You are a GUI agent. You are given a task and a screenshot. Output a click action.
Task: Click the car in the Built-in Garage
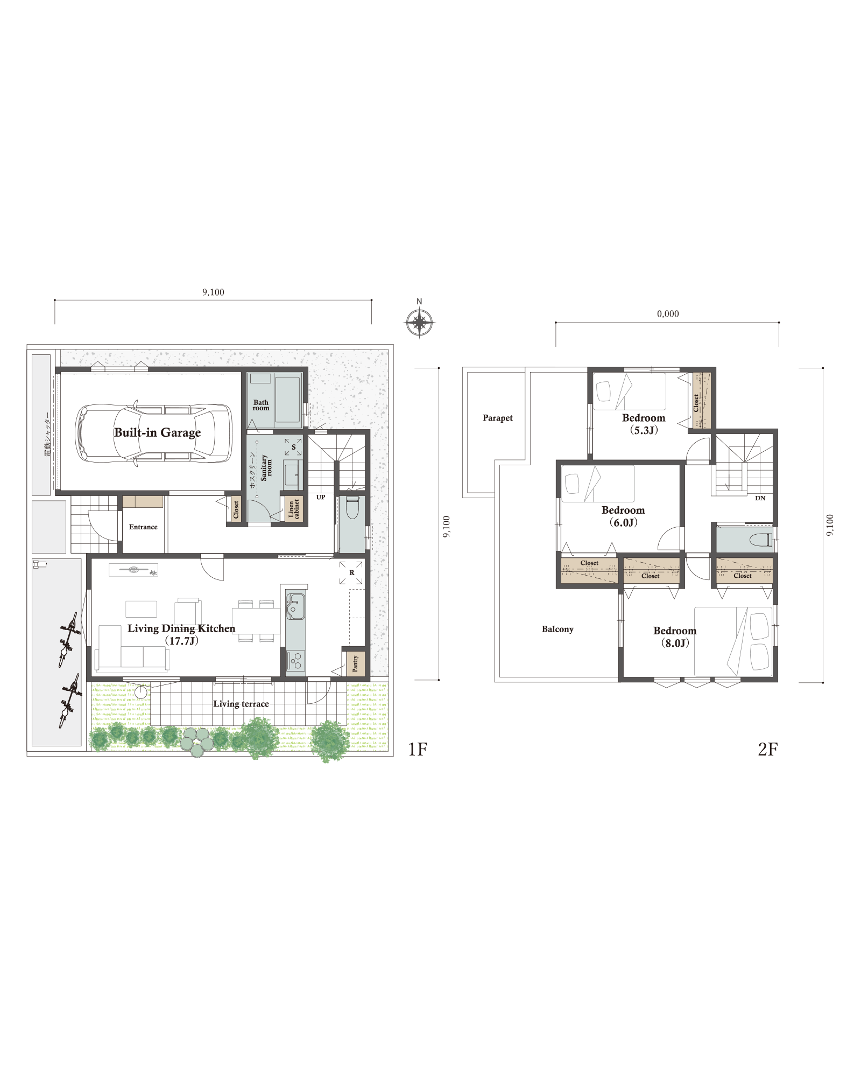coord(153,433)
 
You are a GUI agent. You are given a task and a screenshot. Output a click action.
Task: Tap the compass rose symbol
coord(419,323)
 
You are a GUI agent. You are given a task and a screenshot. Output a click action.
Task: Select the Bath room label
coord(261,405)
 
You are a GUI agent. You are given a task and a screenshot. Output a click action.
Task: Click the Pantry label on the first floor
coord(355,663)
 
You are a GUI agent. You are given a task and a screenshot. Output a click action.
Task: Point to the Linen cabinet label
coord(294,508)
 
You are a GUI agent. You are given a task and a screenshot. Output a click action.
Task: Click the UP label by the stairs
coord(321,497)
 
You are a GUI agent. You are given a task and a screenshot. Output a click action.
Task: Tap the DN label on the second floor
coord(760,498)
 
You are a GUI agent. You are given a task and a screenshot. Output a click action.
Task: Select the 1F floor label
coord(417,749)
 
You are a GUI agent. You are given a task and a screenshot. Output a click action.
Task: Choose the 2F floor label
coord(767,749)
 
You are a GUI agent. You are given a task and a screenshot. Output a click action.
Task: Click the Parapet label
coord(498,418)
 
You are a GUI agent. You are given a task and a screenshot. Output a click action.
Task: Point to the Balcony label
coord(557,629)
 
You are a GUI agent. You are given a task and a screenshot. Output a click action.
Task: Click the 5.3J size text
coord(644,430)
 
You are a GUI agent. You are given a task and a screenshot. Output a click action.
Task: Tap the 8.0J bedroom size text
coord(675,643)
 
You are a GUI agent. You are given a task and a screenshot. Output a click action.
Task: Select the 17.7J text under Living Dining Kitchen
coord(181,641)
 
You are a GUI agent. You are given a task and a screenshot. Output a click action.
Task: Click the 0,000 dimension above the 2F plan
coord(668,314)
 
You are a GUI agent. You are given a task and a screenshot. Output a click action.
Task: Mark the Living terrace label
coord(241,704)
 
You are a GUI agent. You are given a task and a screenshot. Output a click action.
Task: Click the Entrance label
coord(143,527)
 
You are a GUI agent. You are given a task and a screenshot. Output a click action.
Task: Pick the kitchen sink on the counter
coord(295,606)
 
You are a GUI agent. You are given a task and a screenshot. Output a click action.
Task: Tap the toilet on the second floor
coord(761,540)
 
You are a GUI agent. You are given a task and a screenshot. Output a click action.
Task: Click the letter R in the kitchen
coord(352,572)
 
